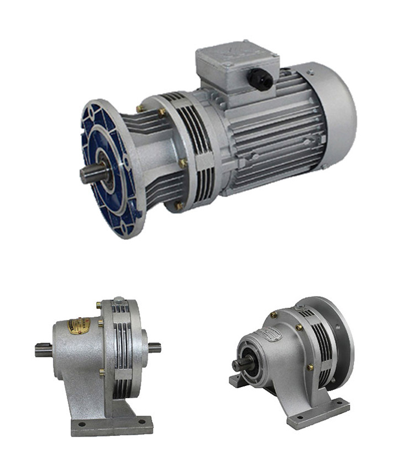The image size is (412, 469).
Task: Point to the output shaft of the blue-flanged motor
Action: click(91, 174)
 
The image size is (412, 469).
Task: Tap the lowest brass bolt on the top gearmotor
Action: click(179, 206)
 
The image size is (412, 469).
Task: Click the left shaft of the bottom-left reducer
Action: click(44, 349)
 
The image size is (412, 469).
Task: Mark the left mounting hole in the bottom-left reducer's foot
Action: click(82, 424)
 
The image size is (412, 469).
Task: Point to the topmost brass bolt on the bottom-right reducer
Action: click(273, 315)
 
